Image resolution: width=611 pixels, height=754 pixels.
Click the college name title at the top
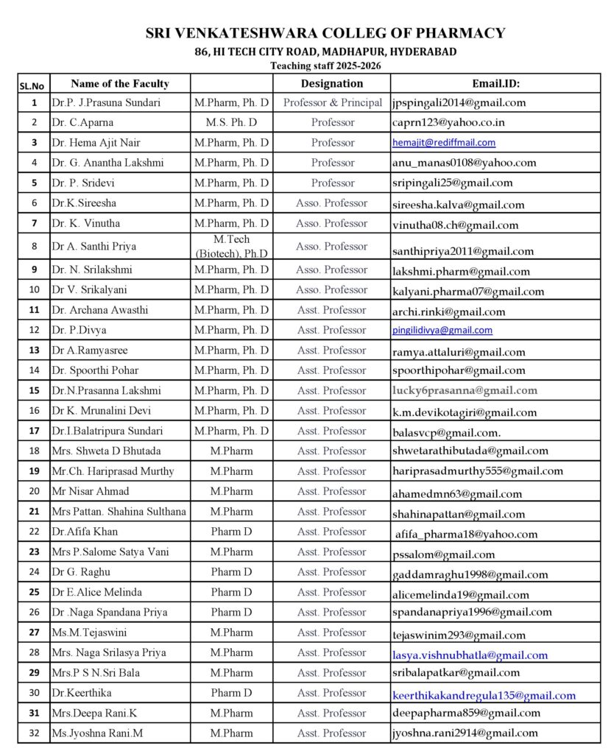point(325,33)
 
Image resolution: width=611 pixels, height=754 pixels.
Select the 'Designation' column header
point(332,83)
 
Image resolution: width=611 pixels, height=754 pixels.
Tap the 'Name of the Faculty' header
point(120,83)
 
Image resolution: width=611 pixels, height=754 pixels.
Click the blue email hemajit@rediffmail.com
point(444,143)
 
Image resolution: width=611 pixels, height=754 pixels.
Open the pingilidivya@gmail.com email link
point(442,331)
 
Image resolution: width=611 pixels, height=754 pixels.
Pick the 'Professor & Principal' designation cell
point(332,102)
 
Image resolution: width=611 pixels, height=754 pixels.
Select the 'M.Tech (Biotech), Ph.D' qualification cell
point(231,246)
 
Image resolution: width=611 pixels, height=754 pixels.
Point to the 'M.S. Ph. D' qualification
point(231,122)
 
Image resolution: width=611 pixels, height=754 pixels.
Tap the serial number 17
point(34,431)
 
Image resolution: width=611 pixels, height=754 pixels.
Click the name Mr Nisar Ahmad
point(90,491)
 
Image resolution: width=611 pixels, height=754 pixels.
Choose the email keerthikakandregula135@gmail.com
point(484,695)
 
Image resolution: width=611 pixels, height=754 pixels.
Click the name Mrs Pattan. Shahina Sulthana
point(119,511)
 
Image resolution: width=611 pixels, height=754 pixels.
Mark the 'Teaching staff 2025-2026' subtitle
point(325,65)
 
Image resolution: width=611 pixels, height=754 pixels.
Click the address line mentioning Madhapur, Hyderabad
point(325,52)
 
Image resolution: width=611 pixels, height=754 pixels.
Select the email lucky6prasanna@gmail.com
point(465,390)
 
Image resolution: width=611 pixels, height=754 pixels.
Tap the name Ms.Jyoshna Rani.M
point(97,733)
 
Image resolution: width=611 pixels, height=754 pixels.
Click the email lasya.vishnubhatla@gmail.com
point(470,655)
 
